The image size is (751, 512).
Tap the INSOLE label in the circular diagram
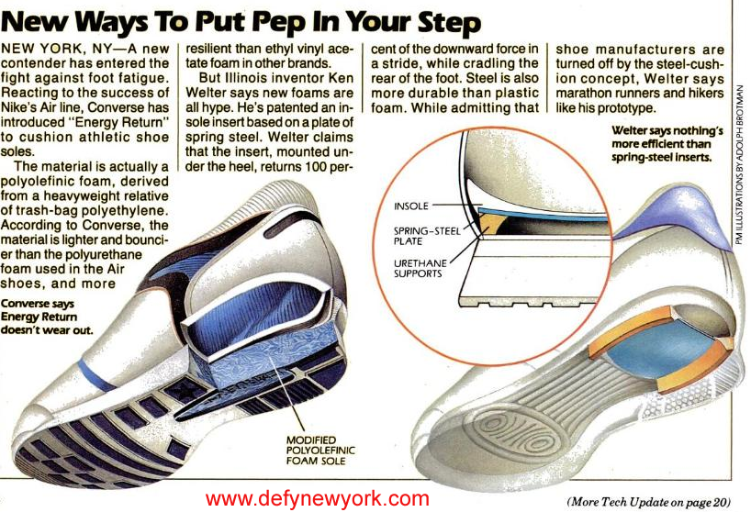click(x=411, y=206)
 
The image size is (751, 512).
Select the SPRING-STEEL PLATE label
click(x=427, y=236)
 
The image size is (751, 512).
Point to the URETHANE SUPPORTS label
click(x=420, y=269)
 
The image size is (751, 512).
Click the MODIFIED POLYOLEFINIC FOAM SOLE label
click(x=320, y=451)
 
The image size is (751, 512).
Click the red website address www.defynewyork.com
click(x=318, y=498)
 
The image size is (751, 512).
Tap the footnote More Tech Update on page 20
click(x=649, y=502)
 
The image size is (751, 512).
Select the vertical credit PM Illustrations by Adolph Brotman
click(x=740, y=165)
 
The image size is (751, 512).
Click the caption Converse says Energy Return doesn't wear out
click(x=47, y=317)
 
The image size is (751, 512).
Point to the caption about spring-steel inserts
click(x=667, y=144)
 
